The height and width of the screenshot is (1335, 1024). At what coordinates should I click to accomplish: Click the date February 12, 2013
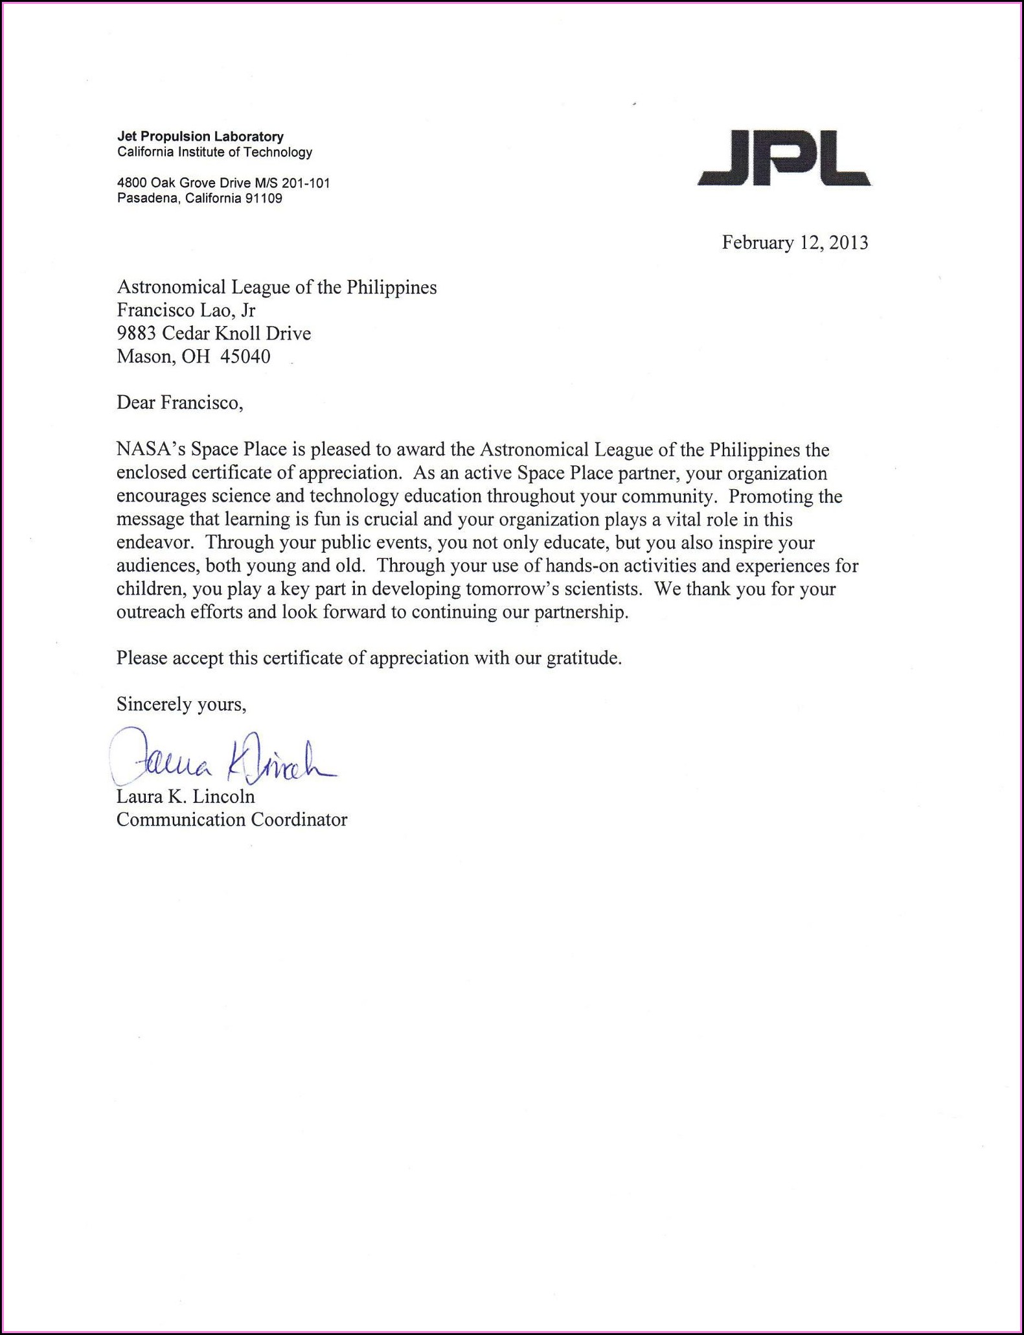click(795, 243)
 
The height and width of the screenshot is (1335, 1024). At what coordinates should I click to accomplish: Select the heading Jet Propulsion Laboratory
click(200, 137)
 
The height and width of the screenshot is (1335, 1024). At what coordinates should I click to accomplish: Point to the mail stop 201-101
click(306, 183)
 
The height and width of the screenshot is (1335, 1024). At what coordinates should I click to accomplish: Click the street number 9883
click(136, 333)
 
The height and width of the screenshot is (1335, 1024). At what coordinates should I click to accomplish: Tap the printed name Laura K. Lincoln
click(185, 796)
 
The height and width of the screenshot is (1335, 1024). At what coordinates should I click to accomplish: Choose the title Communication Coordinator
click(232, 820)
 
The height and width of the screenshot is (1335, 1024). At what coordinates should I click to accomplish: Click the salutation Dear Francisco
click(179, 403)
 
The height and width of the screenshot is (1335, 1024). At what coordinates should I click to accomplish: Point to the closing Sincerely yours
click(181, 704)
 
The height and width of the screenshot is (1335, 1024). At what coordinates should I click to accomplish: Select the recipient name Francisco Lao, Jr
click(186, 310)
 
